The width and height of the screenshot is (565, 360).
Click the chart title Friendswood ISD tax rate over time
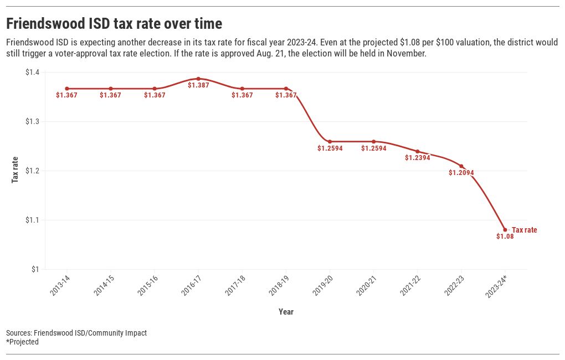tap(114, 24)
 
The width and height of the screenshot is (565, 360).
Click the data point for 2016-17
tap(198, 79)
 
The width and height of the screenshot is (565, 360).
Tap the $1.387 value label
tap(198, 85)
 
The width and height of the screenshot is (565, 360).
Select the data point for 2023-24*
tap(505, 230)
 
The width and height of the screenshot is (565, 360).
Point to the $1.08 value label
tap(505, 236)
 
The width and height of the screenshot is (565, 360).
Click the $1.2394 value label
tap(418, 158)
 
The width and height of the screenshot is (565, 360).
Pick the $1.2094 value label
tap(461, 173)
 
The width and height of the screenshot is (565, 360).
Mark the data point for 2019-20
tap(330, 142)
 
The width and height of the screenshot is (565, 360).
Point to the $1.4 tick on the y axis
tap(32, 73)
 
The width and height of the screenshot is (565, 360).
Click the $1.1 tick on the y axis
tap(32, 220)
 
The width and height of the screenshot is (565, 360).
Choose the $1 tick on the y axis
tap(35, 270)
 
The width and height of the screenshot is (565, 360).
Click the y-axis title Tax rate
tap(15, 170)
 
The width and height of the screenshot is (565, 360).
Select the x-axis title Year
tap(286, 312)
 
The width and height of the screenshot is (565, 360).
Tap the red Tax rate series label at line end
tap(524, 230)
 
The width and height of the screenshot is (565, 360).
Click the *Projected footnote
tap(22, 342)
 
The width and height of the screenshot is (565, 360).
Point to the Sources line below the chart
tap(76, 333)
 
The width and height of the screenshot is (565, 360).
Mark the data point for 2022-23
tap(461, 166)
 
